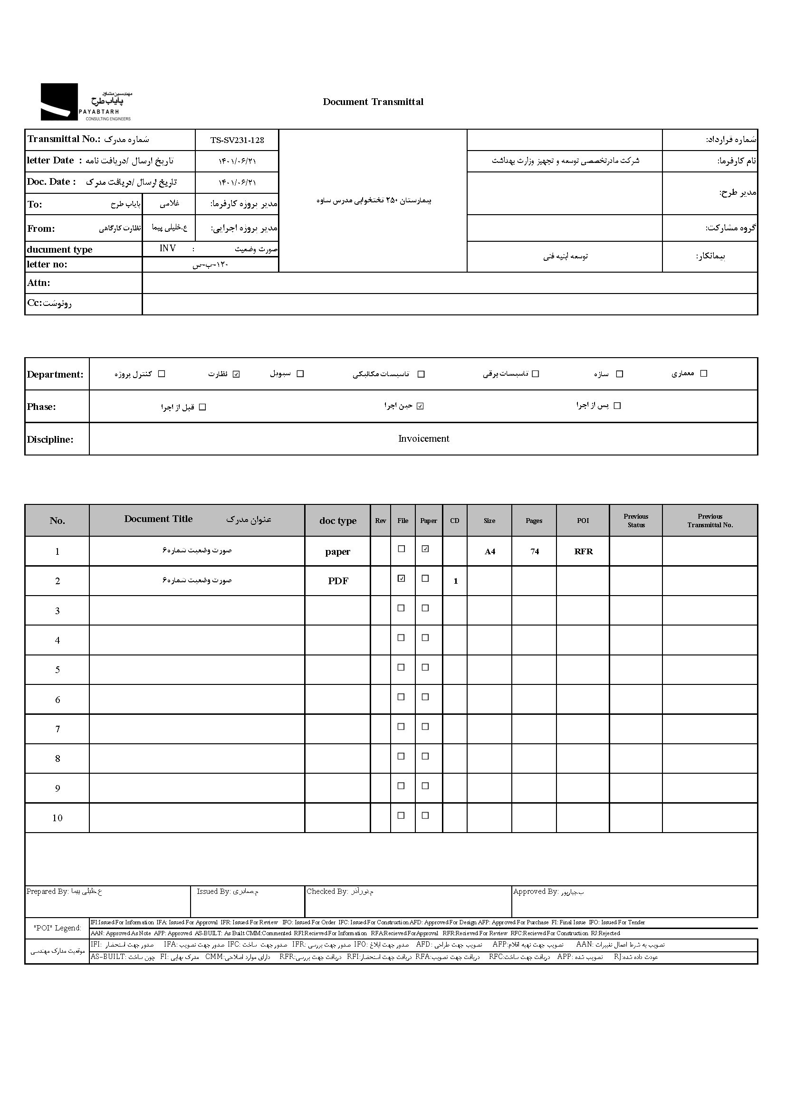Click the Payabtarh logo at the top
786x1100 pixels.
(x=86, y=102)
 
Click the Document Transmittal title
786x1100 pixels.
(x=373, y=102)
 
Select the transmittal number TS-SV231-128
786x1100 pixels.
(x=237, y=140)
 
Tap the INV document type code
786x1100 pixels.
(x=167, y=248)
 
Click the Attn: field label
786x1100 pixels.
(x=38, y=283)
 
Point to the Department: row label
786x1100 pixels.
(x=55, y=374)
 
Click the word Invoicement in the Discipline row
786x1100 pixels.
(x=423, y=439)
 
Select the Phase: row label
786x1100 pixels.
(x=42, y=407)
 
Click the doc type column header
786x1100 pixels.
(x=338, y=521)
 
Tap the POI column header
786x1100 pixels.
(x=583, y=521)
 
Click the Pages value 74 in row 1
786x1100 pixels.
(x=534, y=551)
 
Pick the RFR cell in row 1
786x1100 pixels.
(x=583, y=551)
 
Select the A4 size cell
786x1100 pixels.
(x=490, y=551)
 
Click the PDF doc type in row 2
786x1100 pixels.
(x=338, y=581)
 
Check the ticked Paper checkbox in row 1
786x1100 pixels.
(x=425, y=549)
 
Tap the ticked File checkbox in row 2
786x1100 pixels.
(x=401, y=578)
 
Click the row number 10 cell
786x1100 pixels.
(x=57, y=818)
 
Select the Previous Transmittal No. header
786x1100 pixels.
(x=710, y=521)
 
